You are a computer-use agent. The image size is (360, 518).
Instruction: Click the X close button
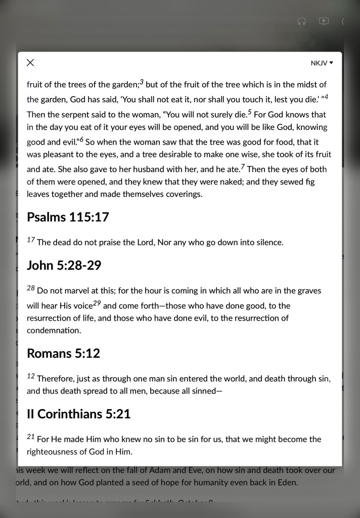click(x=30, y=63)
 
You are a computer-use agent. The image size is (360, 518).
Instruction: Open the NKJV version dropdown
click(x=322, y=63)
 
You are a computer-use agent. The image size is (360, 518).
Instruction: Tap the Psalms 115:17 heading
click(x=68, y=217)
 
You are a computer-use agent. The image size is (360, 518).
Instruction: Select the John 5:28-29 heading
click(x=64, y=265)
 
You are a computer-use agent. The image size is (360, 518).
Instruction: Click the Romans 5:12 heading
click(x=63, y=353)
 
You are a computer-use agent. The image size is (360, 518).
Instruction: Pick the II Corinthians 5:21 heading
click(x=78, y=414)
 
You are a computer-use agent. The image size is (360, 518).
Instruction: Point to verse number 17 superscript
click(x=31, y=239)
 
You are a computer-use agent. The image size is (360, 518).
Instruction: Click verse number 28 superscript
click(x=31, y=288)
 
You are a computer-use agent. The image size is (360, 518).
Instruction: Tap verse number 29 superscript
click(x=98, y=303)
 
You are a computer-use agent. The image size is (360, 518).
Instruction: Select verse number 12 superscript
click(x=31, y=376)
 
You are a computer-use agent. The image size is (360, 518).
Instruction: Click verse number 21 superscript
click(x=31, y=436)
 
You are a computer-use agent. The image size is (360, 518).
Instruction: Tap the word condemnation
click(x=54, y=330)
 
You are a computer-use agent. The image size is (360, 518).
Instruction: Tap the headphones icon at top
click(x=302, y=21)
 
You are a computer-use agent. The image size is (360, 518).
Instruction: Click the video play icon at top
click(x=324, y=21)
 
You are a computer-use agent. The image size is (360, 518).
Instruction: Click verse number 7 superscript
click(x=243, y=166)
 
